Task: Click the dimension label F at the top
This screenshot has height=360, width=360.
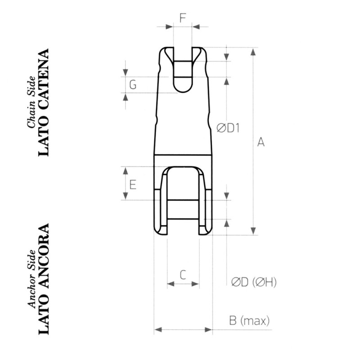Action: pos(183,18)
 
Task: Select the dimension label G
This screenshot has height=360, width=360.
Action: pos(133,84)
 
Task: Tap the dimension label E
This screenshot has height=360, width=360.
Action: pos(133,184)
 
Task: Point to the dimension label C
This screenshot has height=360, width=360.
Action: pos(183,274)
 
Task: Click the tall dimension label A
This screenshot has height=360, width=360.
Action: pos(261,142)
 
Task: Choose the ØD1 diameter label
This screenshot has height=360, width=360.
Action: pos(228,128)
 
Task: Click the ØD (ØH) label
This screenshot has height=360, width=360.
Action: pos(254,282)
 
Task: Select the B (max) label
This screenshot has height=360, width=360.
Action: pos(249,321)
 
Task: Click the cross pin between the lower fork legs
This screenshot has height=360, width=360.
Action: pos(183,209)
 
